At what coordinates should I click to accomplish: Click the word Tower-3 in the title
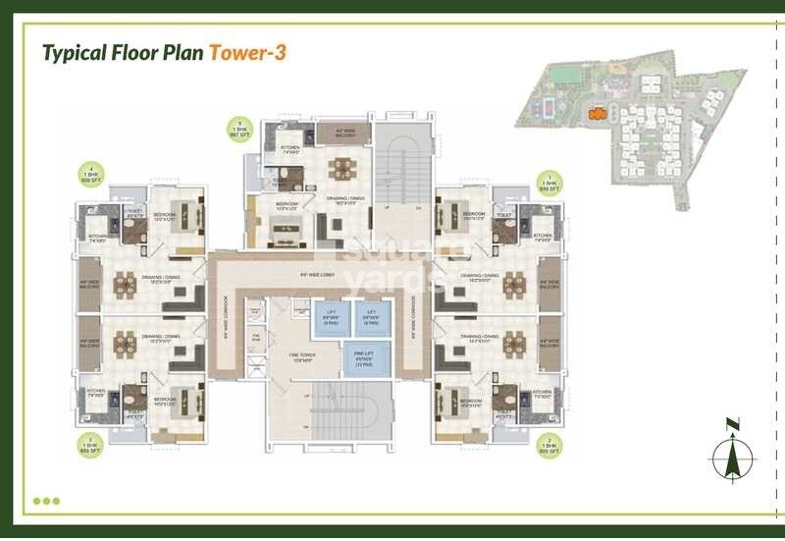248,52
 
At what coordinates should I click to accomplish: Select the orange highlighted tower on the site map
595,114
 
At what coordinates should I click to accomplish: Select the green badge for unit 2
549,446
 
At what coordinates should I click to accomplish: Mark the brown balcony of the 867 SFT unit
339,131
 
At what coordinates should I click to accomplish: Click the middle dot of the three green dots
46,501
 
